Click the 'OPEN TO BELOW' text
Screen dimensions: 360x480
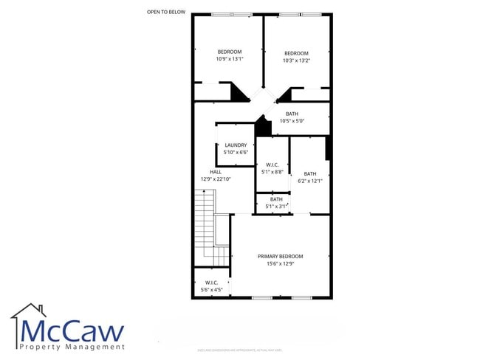(166, 12)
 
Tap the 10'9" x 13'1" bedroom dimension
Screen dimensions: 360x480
(230, 59)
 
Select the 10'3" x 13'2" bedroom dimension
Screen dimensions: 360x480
(296, 60)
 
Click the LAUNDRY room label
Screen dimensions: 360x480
(236, 145)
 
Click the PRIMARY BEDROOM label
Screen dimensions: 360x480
(280, 256)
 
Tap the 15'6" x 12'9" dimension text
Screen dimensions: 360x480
(280, 263)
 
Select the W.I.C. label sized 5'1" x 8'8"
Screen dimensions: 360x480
(272, 165)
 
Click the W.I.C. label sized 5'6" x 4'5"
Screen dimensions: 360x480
(210, 283)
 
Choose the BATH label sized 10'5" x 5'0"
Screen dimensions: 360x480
(292, 114)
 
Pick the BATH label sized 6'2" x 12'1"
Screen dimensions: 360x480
(309, 173)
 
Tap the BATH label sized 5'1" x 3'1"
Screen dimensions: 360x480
(276, 199)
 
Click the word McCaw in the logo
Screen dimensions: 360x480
(72, 330)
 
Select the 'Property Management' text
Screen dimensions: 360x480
(72, 347)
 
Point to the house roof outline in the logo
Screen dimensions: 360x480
(30, 311)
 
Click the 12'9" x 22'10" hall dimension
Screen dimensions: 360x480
(216, 179)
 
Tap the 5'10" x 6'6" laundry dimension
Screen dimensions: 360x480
(236, 153)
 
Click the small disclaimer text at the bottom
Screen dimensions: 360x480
(240, 350)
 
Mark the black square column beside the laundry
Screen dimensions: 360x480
(262, 126)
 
